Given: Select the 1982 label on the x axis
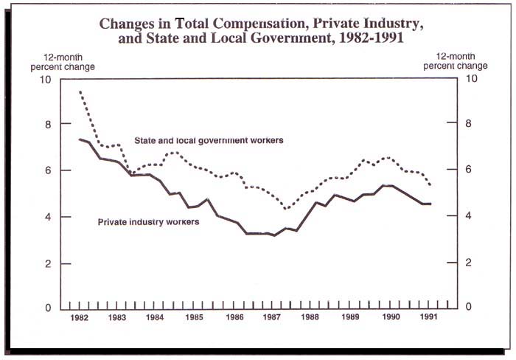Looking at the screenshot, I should [x=79, y=318].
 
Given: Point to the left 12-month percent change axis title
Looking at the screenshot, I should [x=65, y=61].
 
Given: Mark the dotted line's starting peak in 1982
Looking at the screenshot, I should [x=79, y=91].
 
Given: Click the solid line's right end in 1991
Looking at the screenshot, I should [x=430, y=203].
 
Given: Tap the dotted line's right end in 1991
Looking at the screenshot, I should [x=430, y=184].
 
